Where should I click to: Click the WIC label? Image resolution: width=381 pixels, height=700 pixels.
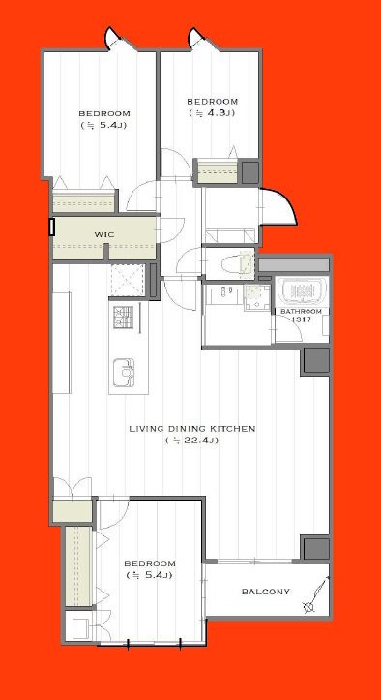[x=103, y=234]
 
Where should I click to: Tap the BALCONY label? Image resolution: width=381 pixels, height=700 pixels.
[x=266, y=592]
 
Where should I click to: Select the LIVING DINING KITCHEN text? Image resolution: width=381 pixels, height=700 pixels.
[x=191, y=429]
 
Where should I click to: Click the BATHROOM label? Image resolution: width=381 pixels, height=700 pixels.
[x=302, y=311]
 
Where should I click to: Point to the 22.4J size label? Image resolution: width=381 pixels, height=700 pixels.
[x=191, y=441]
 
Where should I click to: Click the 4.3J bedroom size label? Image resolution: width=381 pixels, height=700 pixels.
[x=212, y=113]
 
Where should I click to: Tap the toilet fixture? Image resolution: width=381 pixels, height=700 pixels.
[x=237, y=263]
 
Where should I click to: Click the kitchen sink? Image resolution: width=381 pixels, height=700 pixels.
[x=124, y=373]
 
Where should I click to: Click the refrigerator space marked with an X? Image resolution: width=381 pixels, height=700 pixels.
[x=128, y=280]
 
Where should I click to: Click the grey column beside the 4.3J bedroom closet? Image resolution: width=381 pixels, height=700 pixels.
[x=250, y=172]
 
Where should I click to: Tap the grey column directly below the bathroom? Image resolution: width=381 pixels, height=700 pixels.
[x=317, y=360]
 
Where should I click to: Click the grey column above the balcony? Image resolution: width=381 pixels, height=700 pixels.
[x=317, y=548]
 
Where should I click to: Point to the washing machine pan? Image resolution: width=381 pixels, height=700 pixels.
[x=257, y=297]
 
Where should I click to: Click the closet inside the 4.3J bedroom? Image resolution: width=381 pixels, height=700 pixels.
[x=218, y=171]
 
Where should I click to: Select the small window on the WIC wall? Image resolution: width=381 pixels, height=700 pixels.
[x=52, y=227]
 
